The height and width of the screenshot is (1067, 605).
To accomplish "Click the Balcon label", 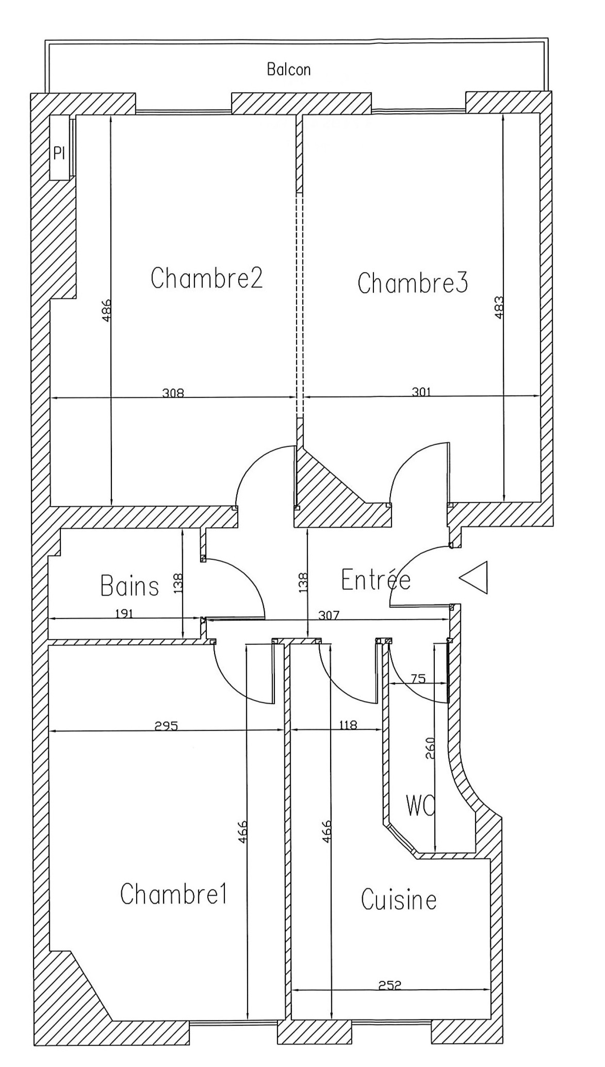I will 289,70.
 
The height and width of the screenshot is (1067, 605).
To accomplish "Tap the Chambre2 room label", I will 206,278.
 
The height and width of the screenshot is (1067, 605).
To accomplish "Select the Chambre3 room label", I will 413,282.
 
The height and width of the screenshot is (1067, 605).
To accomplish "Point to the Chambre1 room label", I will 174,894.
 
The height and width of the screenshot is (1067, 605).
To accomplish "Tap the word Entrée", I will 375,580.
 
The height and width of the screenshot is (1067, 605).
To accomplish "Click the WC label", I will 420,806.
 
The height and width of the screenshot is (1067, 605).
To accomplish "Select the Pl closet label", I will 59,153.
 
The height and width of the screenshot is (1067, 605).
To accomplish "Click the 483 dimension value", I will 499,307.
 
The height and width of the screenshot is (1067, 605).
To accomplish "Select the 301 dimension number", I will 421,392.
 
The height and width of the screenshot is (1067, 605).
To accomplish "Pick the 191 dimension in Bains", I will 124,614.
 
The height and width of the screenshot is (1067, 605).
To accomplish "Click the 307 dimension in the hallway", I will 329,615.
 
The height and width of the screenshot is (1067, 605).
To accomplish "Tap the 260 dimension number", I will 430,748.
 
